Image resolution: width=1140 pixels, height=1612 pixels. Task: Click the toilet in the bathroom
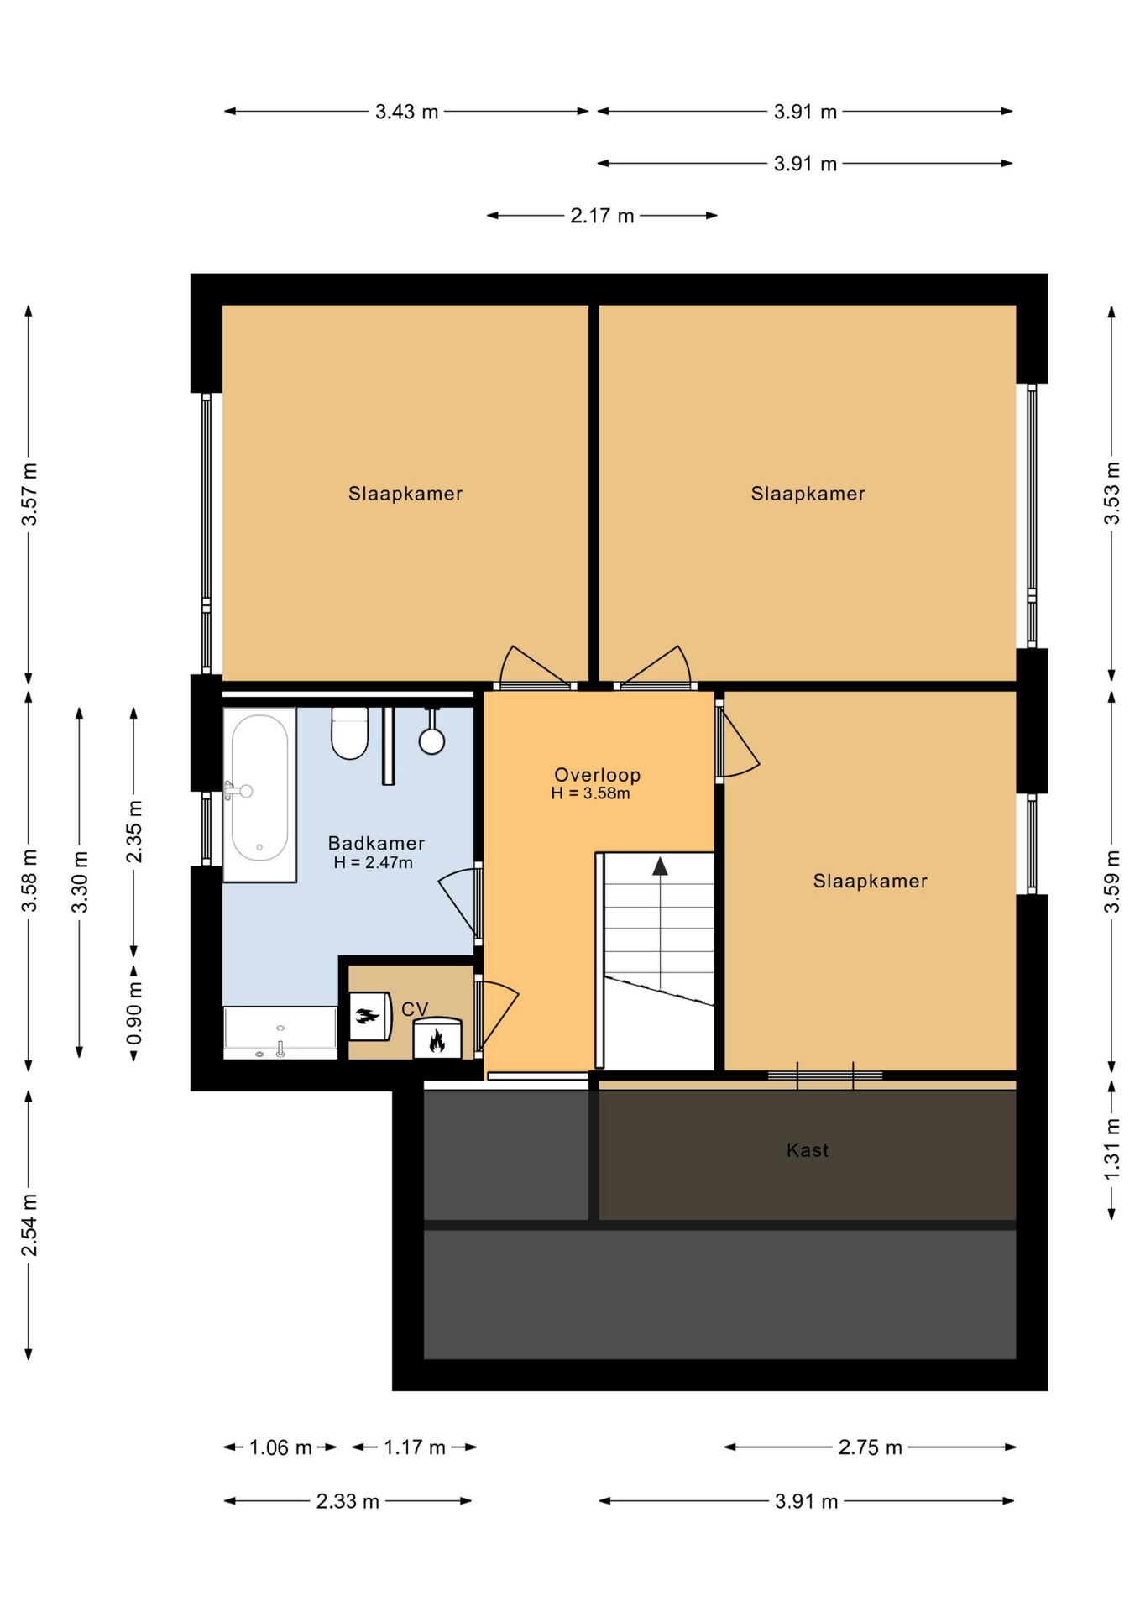point(349,732)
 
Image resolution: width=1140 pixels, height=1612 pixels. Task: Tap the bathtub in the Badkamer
point(259,794)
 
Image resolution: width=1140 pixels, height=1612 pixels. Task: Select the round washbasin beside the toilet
point(431,741)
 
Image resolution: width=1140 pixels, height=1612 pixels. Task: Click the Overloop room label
point(597,775)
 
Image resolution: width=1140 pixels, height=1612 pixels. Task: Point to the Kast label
point(808,1150)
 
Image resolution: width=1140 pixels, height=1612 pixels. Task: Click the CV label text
point(415,1009)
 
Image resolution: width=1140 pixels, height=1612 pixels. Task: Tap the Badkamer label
point(376,843)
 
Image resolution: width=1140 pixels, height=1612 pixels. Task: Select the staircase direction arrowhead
point(660,866)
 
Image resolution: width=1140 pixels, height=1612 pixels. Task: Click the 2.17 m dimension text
point(602,216)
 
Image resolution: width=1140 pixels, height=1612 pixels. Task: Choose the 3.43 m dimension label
point(406,112)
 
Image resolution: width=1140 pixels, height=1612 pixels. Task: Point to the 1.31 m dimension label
point(1111,1149)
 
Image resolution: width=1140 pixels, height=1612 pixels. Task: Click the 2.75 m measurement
point(870,1447)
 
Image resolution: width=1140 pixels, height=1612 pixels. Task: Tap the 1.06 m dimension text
point(280,1447)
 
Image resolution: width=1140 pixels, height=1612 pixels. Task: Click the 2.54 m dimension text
point(29,1225)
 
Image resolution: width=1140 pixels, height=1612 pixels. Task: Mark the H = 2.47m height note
point(373,862)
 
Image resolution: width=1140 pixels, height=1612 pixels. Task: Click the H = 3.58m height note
point(590,793)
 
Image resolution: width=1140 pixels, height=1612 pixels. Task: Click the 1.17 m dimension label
point(415,1447)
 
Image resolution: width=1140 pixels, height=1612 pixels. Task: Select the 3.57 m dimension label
point(29,494)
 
